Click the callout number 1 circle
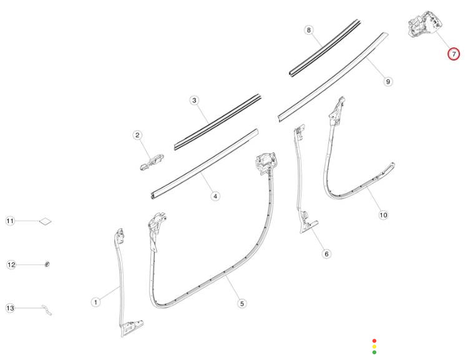tap(95, 302)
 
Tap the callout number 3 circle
tap(194, 100)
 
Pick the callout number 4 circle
tap(215, 196)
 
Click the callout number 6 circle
tap(325, 253)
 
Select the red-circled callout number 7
tap(454, 54)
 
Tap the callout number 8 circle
tap(308, 30)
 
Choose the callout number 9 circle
tap(388, 81)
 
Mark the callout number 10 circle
tap(383, 215)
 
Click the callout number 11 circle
tap(10, 221)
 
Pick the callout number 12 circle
tap(11, 265)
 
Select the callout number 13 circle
tap(10, 308)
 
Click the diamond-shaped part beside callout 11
tap(46, 221)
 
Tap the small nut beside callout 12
tap(47, 265)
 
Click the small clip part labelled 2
tap(151, 161)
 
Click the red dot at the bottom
tap(374, 341)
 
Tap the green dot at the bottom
tap(374, 353)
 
